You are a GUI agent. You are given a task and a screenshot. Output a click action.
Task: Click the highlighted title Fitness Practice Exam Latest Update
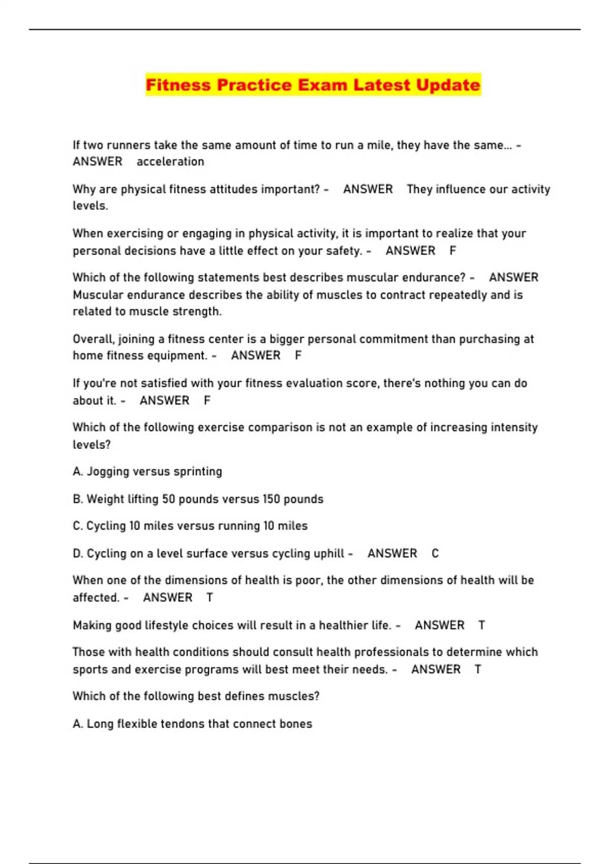click(x=313, y=85)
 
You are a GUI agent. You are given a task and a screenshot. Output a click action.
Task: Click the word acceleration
click(x=170, y=162)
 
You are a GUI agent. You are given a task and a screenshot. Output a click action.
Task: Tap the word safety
click(x=344, y=251)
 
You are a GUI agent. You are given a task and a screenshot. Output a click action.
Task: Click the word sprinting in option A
click(x=198, y=472)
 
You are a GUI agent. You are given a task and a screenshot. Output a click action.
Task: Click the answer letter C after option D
click(x=435, y=553)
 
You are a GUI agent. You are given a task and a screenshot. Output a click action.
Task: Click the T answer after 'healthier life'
click(x=481, y=625)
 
